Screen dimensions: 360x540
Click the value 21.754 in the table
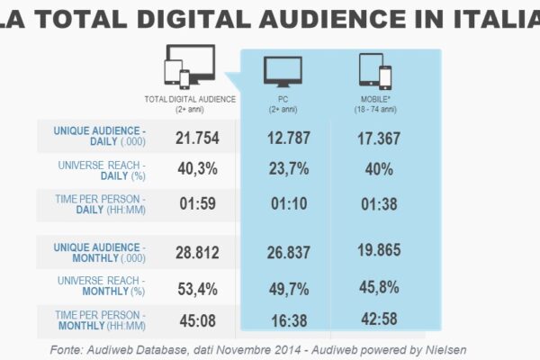click(196, 136)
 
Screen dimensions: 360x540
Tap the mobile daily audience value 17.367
click(379, 136)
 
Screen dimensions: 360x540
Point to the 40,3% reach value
click(196, 168)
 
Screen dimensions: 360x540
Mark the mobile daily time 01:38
click(379, 203)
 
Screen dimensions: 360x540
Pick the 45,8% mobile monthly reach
click(379, 288)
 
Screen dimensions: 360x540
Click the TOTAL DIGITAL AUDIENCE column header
click(190, 98)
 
